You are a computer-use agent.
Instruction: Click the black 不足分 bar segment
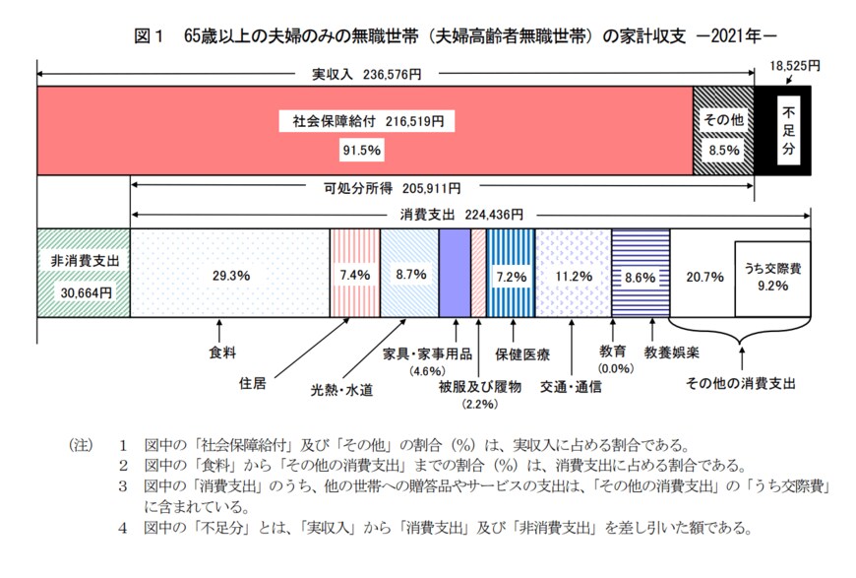pos(783,130)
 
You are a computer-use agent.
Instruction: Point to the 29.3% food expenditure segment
pos(228,276)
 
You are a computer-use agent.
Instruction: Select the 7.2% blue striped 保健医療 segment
pos(510,276)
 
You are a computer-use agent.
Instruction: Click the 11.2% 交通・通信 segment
pos(572,276)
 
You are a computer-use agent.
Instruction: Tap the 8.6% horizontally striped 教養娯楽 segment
pos(640,276)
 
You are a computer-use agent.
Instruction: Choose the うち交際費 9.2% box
pos(771,277)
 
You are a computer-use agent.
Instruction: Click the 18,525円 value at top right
pos(795,66)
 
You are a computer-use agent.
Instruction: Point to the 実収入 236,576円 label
pos(366,74)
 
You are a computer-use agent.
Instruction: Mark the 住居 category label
pos(253,382)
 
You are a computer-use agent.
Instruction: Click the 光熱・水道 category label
pos(341,387)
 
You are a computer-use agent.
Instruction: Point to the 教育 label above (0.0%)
pos(612,352)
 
